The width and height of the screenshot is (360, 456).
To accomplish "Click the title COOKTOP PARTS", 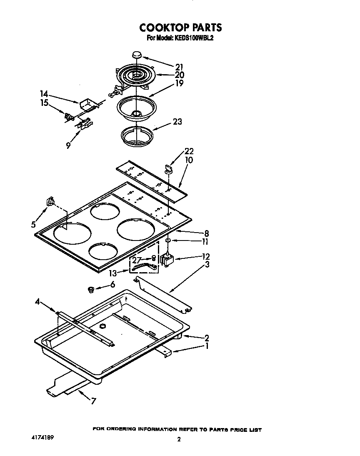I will pos(180,28).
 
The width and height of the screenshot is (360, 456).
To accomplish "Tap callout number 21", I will pos(180,67).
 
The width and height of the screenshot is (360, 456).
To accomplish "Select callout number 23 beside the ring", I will pos(177,122).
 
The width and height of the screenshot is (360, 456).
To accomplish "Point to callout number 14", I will pos(45,94).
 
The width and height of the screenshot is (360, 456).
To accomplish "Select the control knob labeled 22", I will pos(167,168).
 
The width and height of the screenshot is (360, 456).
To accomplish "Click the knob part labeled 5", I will pos(50,202).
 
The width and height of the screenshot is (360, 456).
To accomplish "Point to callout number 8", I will pos(206,233).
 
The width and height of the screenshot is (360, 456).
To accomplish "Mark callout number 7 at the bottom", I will pos(93,401).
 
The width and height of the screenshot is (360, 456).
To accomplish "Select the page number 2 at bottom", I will pos(179,439).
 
